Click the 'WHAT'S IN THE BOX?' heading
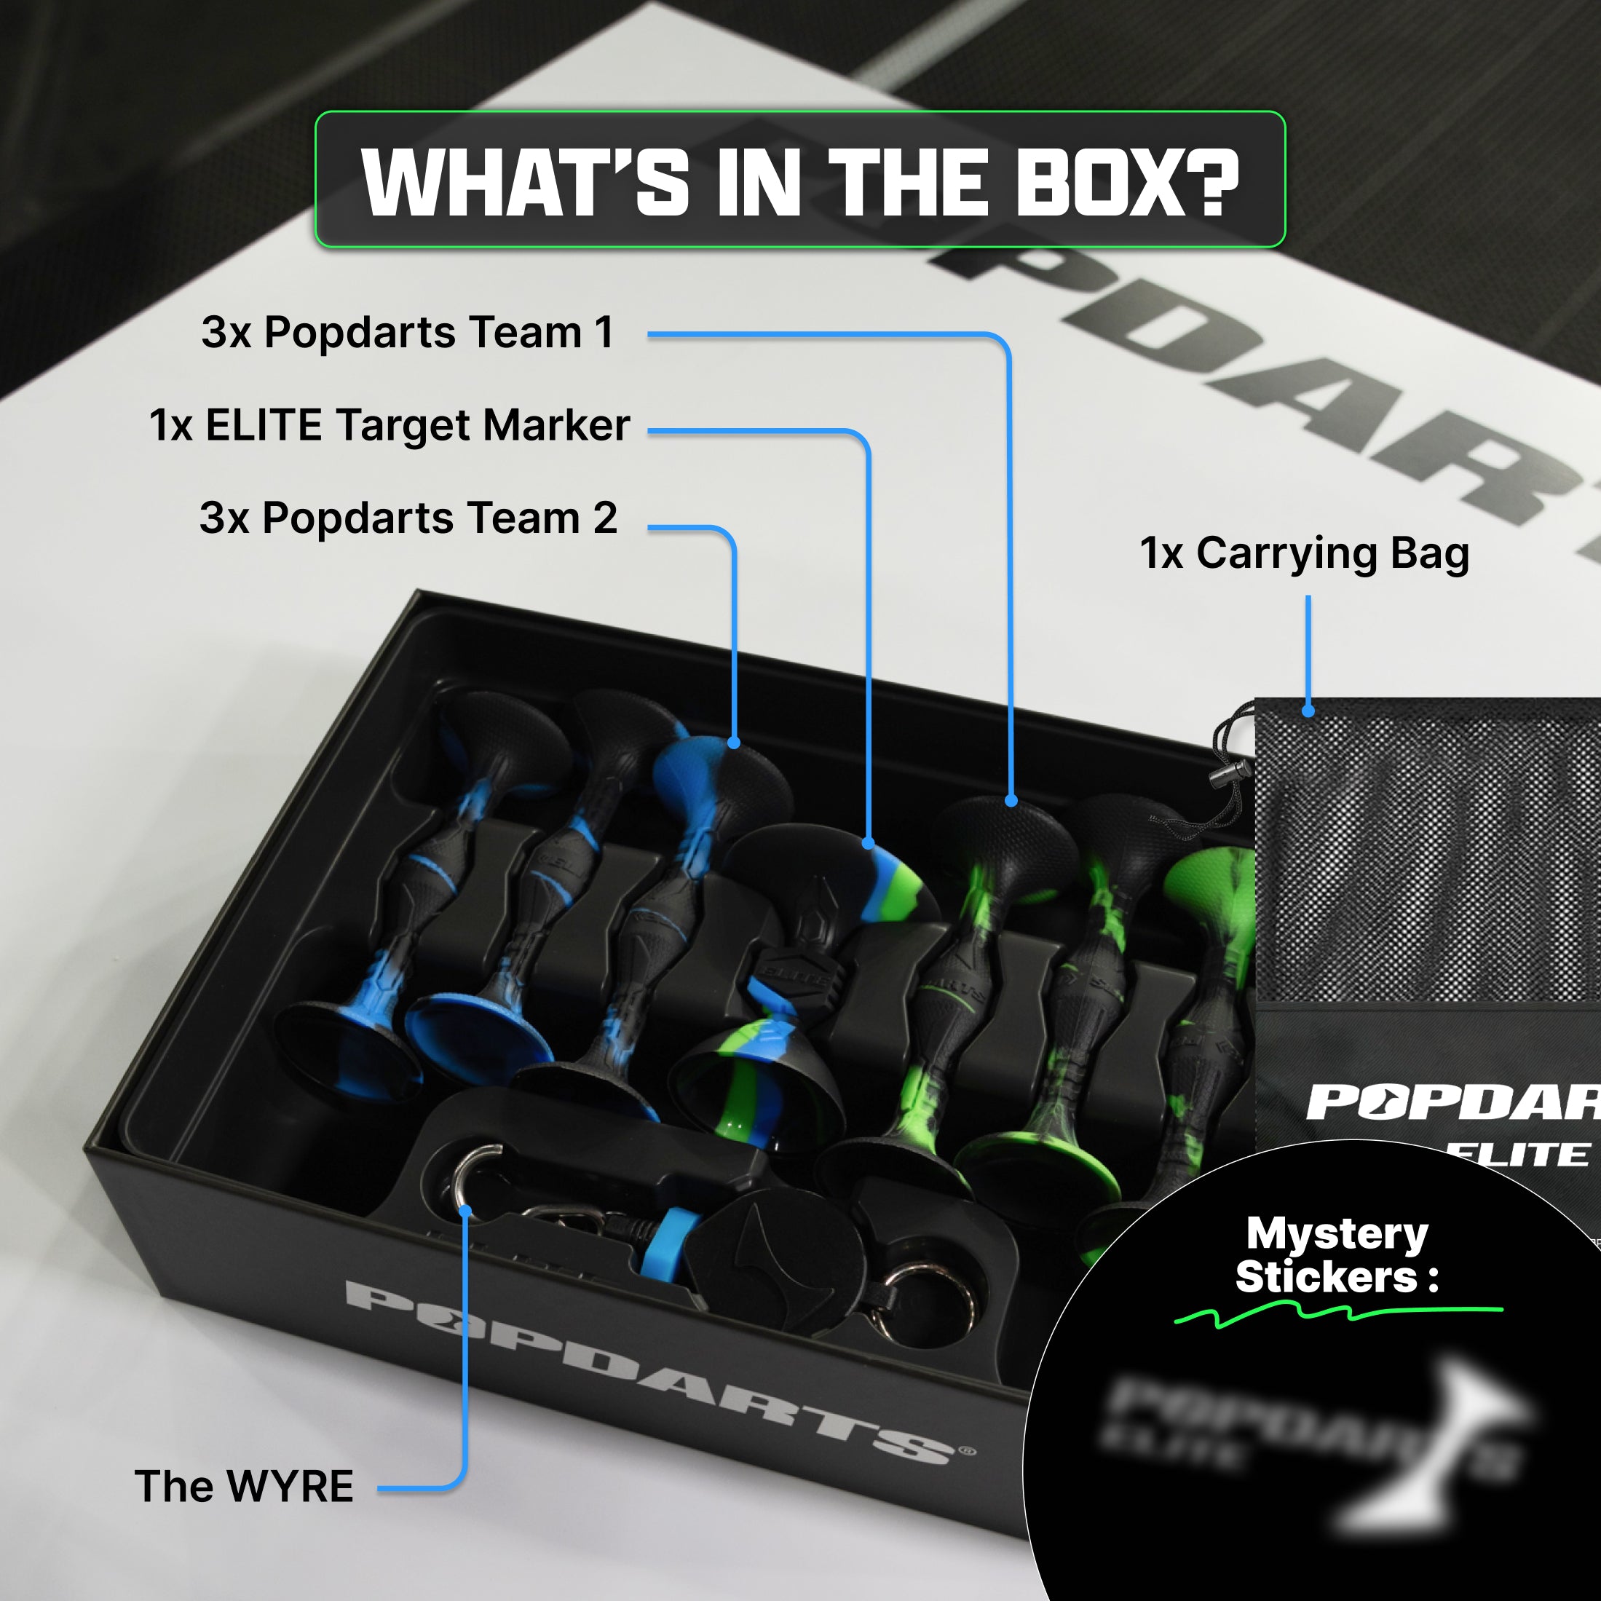(x=799, y=181)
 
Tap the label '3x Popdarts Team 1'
(x=407, y=332)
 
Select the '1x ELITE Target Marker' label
(x=390, y=425)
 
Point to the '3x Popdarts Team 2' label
(x=408, y=518)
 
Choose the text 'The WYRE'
(x=244, y=1486)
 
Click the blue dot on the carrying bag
(x=1308, y=711)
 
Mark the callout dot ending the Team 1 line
(x=1011, y=801)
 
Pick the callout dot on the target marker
(x=869, y=844)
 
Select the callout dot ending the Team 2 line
(x=734, y=743)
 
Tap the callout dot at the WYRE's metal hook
(x=466, y=1211)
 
